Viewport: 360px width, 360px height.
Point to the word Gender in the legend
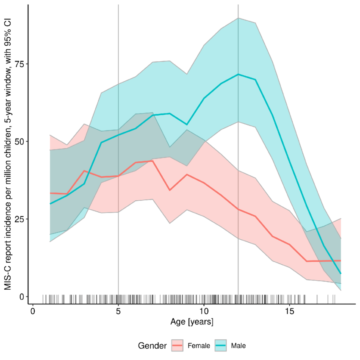pyautogui.click(x=152, y=346)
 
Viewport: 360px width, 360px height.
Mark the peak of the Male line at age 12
pyautogui.click(x=238, y=74)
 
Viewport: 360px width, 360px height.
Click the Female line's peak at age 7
pyautogui.click(x=152, y=161)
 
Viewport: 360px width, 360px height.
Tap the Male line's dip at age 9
pyautogui.click(x=187, y=125)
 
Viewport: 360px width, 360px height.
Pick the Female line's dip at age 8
pyautogui.click(x=169, y=190)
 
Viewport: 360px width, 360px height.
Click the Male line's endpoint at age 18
pyautogui.click(x=341, y=274)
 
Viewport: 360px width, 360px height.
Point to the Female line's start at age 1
pyautogui.click(x=50, y=193)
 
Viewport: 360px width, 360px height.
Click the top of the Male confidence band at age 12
pyautogui.click(x=238, y=18)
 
